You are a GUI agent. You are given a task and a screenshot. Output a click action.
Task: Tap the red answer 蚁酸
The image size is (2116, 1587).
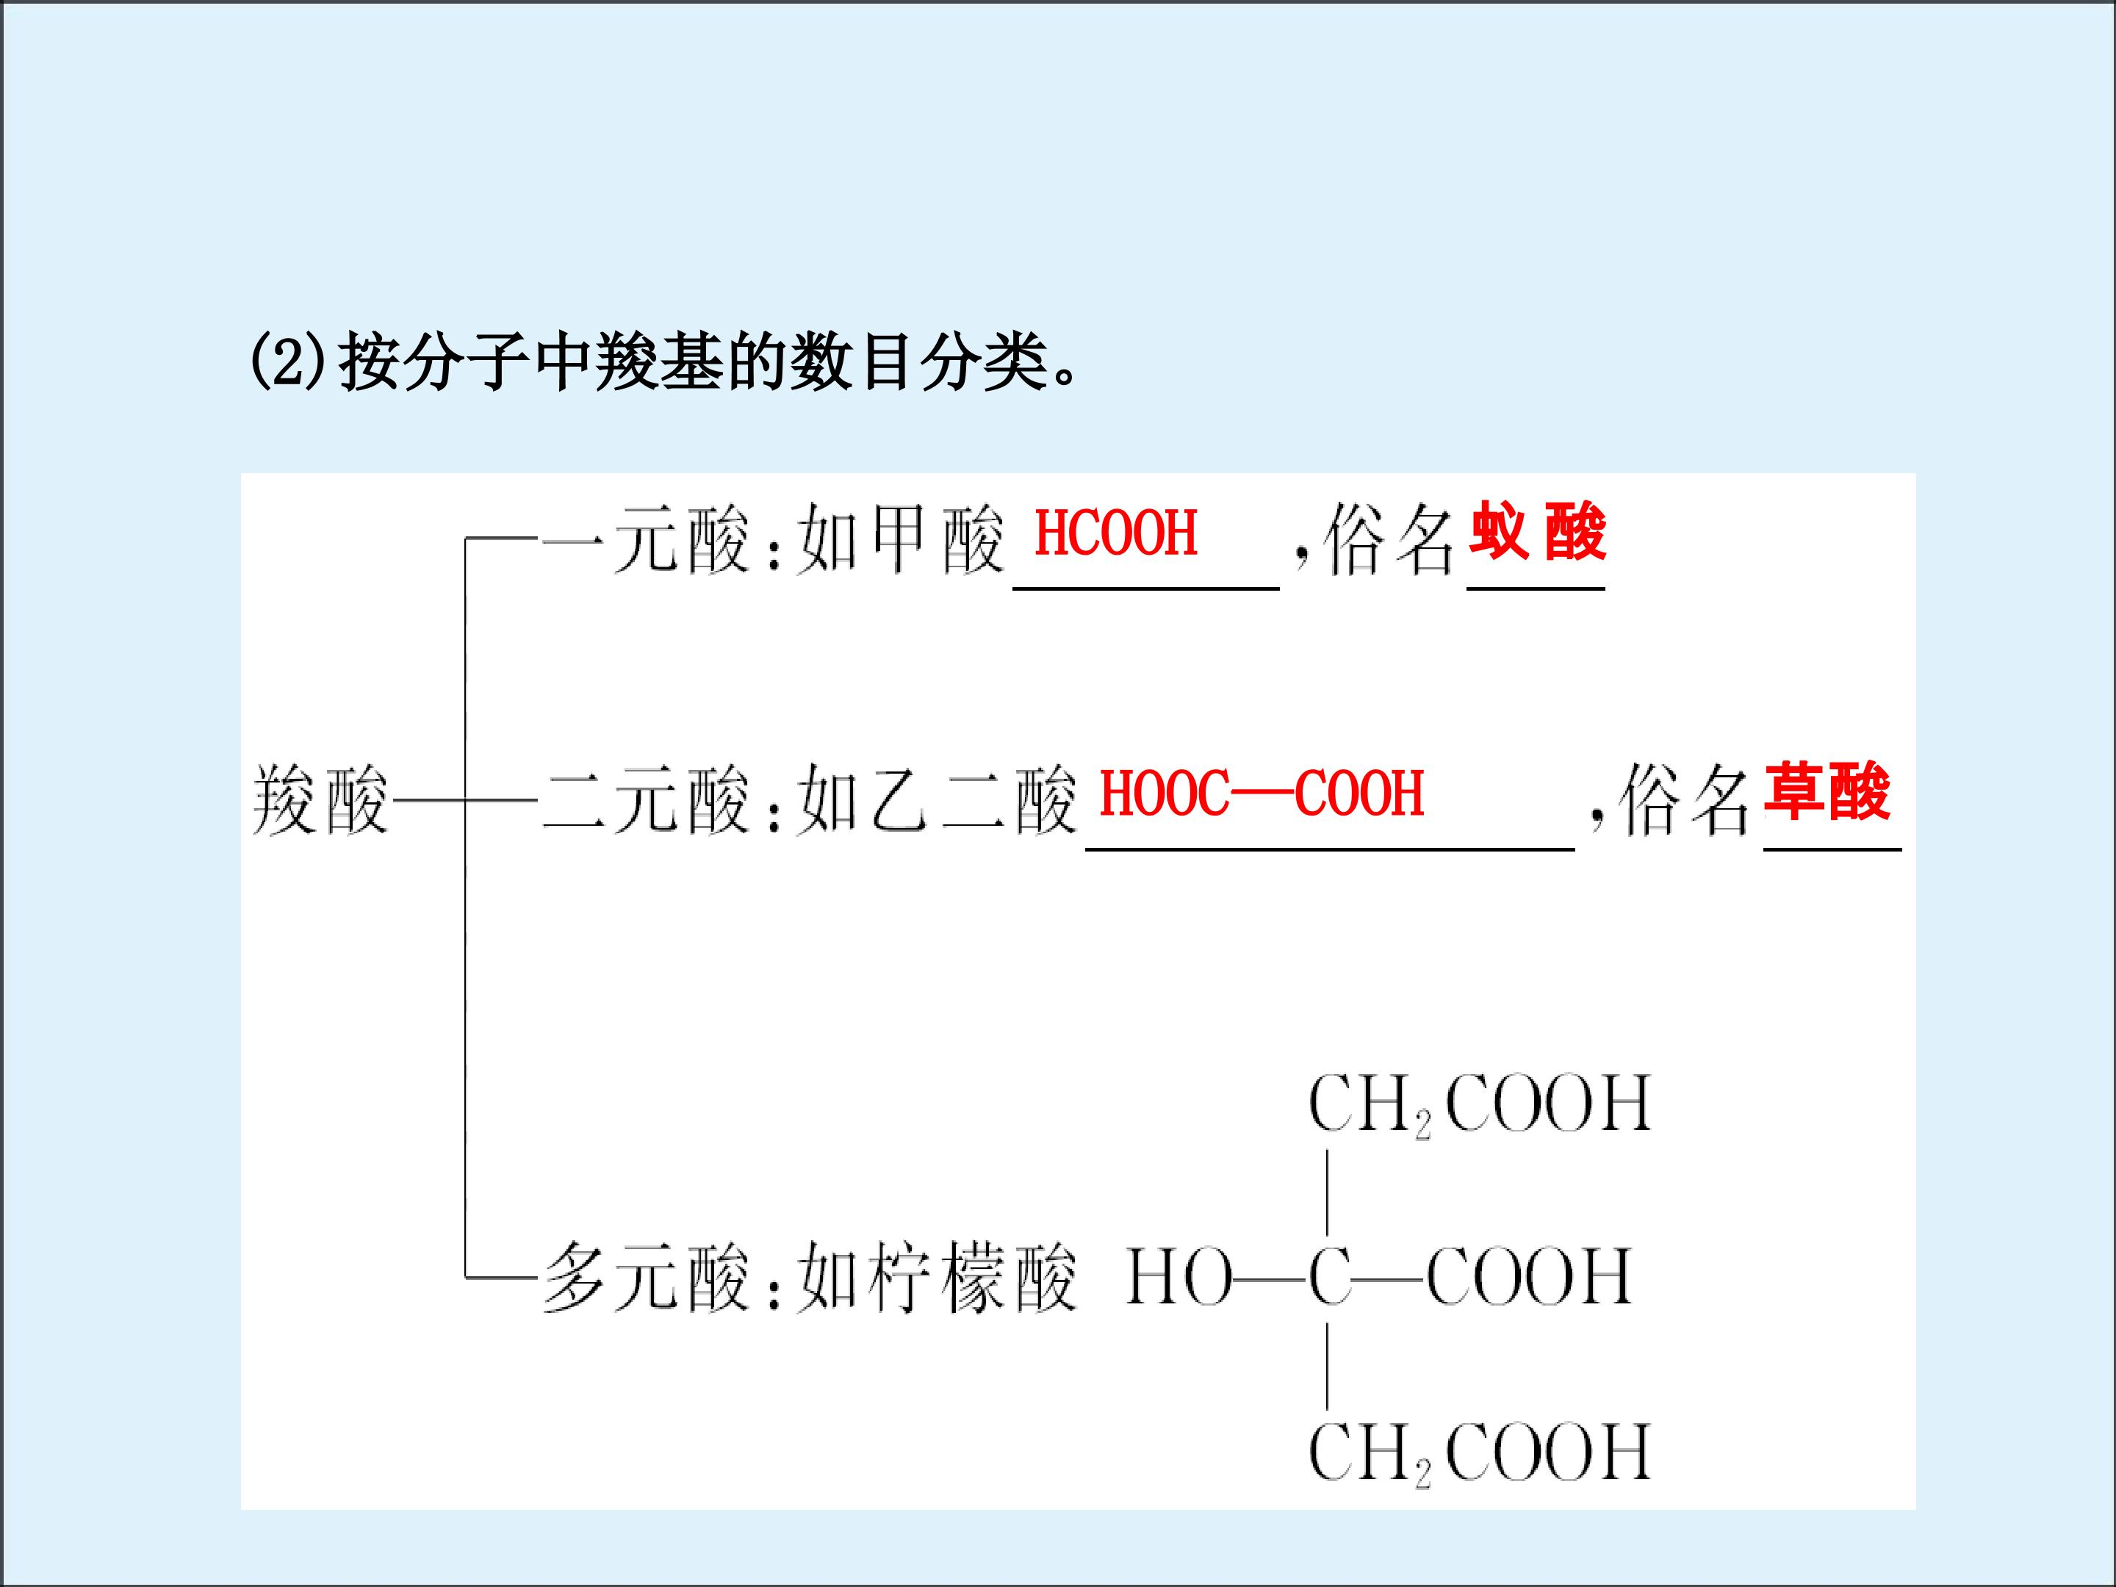tap(1537, 532)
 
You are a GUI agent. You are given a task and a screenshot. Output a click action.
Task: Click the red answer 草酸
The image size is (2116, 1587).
tap(1827, 792)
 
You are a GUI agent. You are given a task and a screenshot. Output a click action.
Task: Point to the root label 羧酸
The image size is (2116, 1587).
tap(320, 801)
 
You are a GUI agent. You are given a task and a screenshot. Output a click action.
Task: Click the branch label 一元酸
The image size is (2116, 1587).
tap(646, 541)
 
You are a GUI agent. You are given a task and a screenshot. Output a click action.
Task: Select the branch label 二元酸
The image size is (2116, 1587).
tap(646, 801)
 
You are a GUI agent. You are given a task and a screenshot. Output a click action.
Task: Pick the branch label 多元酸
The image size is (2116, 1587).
tap(646, 1277)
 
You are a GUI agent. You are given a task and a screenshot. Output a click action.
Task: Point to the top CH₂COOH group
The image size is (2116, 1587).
tap(1479, 1105)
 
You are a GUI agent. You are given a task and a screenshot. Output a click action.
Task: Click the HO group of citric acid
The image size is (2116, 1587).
tap(1178, 1277)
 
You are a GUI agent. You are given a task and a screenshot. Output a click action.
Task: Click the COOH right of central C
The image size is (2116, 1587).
tap(1529, 1277)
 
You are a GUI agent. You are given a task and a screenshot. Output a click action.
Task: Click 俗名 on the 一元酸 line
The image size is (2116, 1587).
tap(1389, 541)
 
